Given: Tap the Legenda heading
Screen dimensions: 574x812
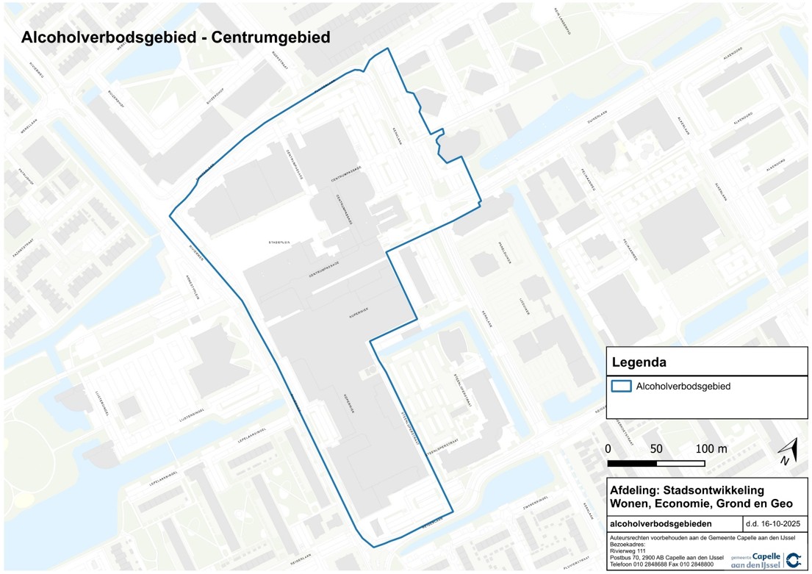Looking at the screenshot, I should pyautogui.click(x=639, y=362).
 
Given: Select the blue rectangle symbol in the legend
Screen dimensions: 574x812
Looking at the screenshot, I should pyautogui.click(x=622, y=386).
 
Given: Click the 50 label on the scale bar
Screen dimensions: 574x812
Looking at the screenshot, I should pyautogui.click(x=656, y=449).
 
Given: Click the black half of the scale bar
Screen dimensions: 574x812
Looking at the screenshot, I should pyautogui.click(x=632, y=463).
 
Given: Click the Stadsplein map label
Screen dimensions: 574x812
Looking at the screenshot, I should pyautogui.click(x=281, y=242).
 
